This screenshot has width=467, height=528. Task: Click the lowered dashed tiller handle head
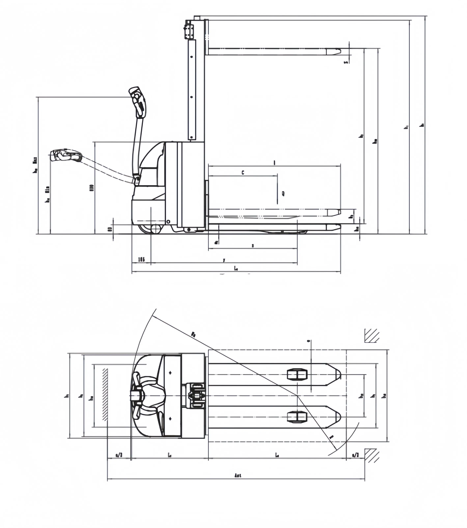pyautogui.click(x=66, y=155)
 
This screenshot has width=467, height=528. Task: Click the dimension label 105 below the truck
pyautogui.click(x=141, y=259)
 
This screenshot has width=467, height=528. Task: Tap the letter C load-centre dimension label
pyautogui.click(x=243, y=173)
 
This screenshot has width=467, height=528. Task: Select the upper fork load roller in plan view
pyautogui.click(x=297, y=374)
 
